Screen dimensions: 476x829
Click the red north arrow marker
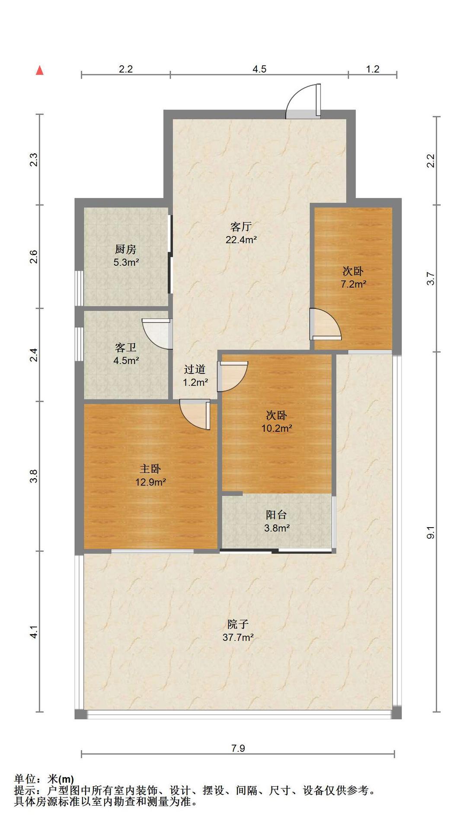coord(39,70)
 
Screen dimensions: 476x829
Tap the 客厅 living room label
coord(241,227)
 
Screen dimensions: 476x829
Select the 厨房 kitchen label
coord(126,249)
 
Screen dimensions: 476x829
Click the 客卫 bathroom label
coord(126,348)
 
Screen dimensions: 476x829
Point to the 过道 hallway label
coord(195,369)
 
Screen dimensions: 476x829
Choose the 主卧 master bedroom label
coord(150,469)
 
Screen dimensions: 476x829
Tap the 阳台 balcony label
coord(276,515)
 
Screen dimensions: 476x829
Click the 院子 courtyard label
coord(238,624)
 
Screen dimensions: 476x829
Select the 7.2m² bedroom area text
coord(353,284)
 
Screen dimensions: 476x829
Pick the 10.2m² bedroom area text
coord(277,428)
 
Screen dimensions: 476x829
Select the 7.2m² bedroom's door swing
coord(326,324)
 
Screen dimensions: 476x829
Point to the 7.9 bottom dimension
coord(238,748)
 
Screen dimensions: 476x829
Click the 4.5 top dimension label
coord(259,69)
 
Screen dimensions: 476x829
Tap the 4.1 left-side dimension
coord(34,632)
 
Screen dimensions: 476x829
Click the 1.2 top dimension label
coord(373,69)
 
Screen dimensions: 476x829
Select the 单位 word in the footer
coord(24,779)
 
